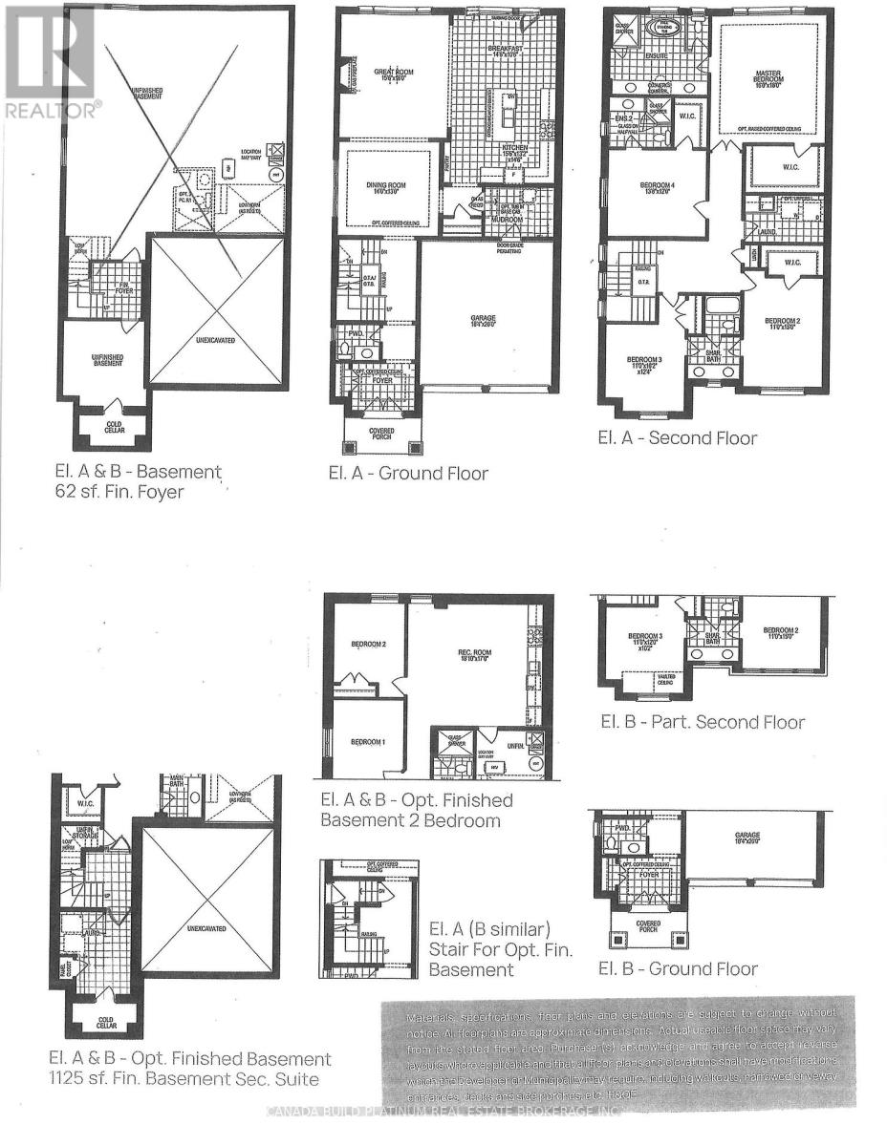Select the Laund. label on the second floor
coord(764,231)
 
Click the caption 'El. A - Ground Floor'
coord(407,473)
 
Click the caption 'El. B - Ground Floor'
coord(678,968)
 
